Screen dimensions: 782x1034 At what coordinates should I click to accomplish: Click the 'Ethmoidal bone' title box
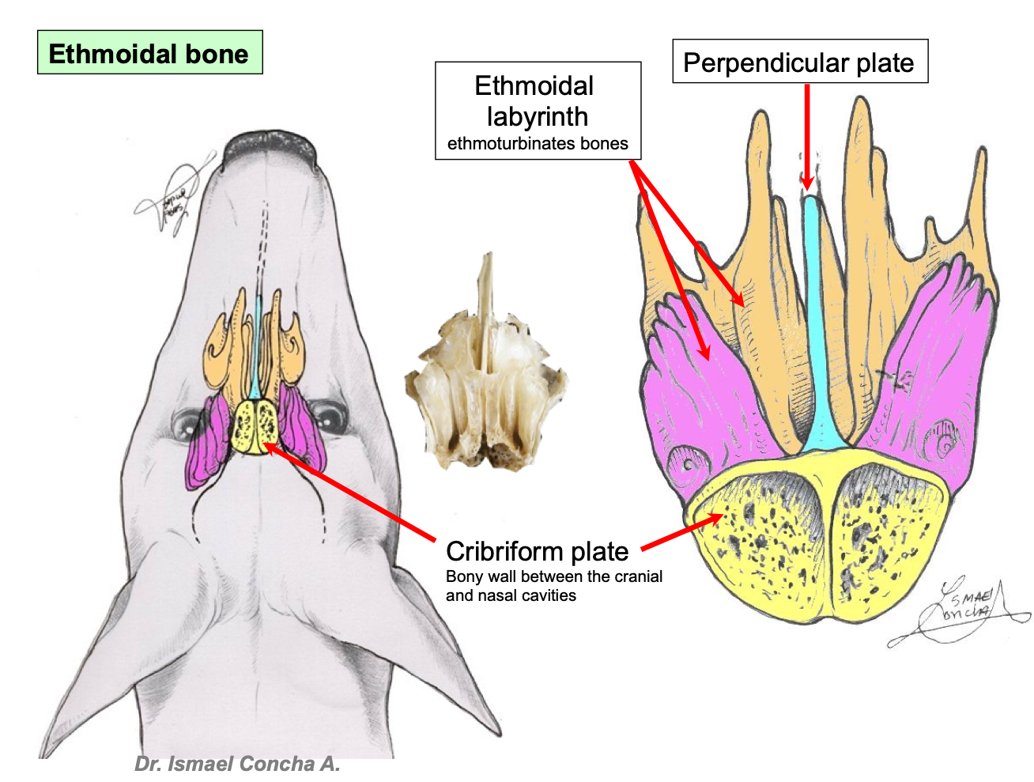149,53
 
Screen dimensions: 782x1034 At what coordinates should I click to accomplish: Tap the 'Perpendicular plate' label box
799,62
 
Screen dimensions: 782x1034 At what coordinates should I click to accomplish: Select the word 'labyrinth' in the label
537,116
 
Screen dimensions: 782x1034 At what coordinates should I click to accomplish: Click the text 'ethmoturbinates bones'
537,144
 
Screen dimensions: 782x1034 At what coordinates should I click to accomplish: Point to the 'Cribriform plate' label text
537,551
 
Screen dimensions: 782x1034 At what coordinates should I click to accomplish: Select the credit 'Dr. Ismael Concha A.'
237,764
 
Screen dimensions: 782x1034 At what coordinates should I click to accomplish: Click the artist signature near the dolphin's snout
174,198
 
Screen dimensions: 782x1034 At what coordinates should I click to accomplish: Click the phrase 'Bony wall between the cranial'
553,576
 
